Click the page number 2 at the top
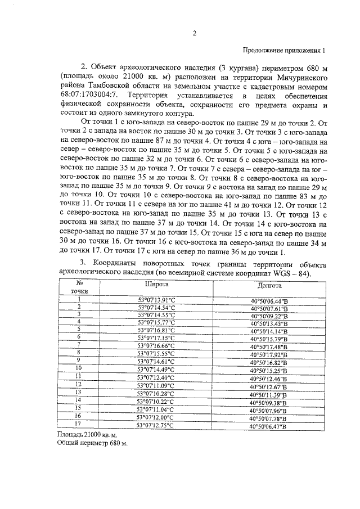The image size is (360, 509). tap(194, 32)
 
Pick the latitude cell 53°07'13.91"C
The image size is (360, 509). tap(156, 300)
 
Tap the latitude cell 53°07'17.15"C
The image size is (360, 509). tap(156, 337)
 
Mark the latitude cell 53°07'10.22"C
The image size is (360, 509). tap(156, 402)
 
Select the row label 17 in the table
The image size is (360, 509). tap(79, 426)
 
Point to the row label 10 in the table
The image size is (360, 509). tap(79, 367)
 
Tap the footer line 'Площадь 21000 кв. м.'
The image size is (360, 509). tap(88, 435)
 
